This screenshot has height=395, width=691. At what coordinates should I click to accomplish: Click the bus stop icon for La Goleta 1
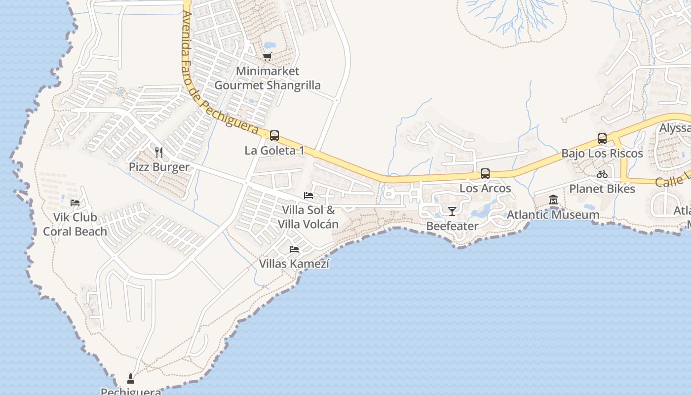point(274,136)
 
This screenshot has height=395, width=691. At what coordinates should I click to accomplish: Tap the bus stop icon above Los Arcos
point(485,174)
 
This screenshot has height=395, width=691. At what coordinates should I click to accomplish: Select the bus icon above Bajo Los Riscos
point(602,139)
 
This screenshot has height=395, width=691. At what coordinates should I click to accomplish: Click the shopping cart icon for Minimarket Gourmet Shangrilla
point(267,57)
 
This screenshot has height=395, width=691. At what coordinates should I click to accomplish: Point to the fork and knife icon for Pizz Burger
point(159,152)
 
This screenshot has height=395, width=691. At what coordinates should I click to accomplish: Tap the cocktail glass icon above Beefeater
point(452,211)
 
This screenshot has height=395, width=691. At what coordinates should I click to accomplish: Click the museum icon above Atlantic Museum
point(553,200)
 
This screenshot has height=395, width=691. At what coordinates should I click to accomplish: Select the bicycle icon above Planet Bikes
point(602,174)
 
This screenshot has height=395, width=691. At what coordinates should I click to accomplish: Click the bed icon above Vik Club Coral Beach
point(75,202)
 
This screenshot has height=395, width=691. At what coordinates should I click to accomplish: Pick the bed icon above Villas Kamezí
point(294,249)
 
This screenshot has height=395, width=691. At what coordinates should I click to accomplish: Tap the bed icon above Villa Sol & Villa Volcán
point(308,196)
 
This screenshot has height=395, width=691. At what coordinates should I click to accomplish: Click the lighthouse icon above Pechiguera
point(131,379)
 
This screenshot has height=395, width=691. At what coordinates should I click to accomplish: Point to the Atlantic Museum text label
point(553,215)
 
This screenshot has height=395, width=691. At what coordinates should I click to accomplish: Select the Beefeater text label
point(452,226)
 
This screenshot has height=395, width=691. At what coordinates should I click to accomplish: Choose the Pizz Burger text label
point(159,167)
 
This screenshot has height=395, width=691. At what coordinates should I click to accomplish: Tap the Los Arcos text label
point(485,188)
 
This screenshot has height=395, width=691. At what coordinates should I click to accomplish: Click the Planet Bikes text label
point(602,189)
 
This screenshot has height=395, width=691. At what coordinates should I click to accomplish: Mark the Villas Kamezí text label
point(294,264)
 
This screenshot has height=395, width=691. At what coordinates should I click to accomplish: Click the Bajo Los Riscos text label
point(602,153)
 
